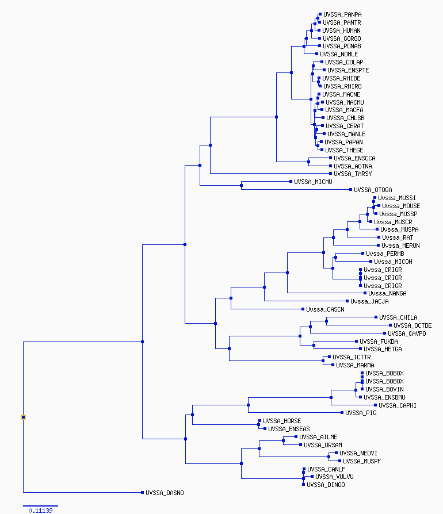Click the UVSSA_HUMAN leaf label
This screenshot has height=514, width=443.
click(341, 30)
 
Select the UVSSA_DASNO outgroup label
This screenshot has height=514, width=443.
click(165, 493)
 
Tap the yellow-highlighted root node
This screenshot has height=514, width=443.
click(23, 417)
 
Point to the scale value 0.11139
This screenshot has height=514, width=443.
click(40, 511)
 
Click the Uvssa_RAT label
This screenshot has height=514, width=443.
click(398, 237)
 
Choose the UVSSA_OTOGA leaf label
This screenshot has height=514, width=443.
click(373, 190)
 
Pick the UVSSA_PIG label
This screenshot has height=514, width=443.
click(361, 413)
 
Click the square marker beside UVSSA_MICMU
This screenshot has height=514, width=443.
click(291, 181)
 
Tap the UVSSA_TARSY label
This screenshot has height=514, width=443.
click(353, 174)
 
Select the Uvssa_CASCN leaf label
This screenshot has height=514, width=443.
click(325, 309)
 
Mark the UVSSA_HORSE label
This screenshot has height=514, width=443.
click(282, 421)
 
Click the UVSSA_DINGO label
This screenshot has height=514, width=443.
click(326, 485)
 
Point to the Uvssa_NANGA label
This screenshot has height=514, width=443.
click(387, 293)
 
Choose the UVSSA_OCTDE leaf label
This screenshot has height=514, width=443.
click(413, 325)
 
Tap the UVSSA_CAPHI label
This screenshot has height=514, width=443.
click(398, 405)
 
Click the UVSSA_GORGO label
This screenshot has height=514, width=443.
click(342, 39)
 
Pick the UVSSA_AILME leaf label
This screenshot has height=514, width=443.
click(318, 437)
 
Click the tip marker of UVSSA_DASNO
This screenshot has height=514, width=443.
click(142, 492)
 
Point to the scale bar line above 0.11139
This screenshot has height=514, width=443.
click(40, 506)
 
